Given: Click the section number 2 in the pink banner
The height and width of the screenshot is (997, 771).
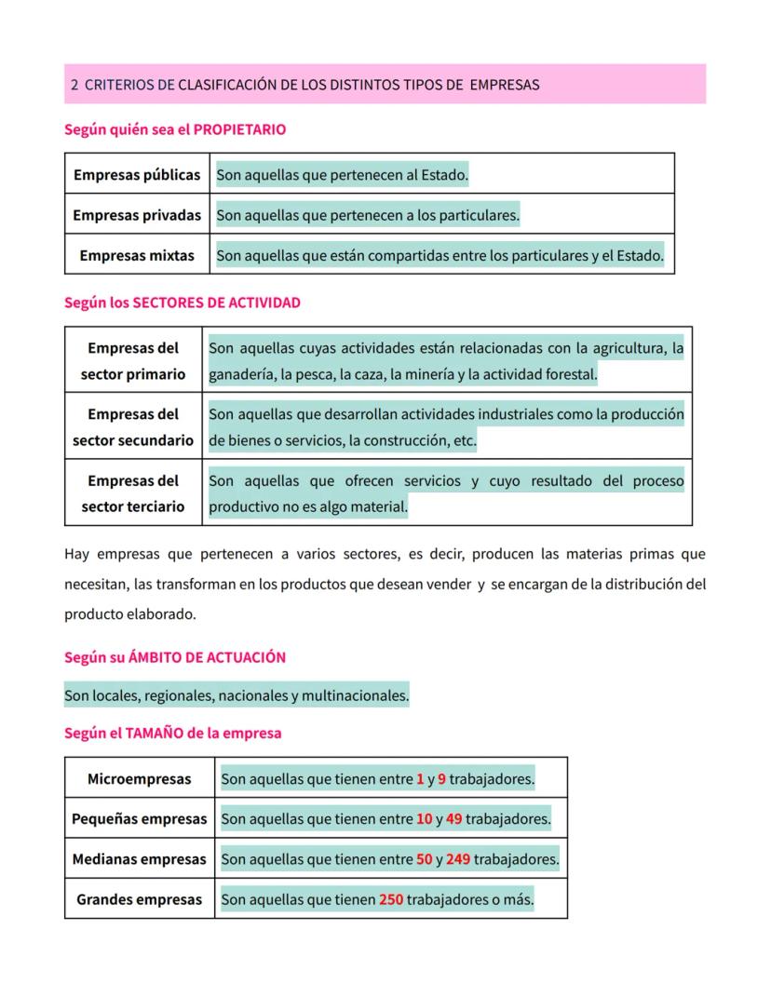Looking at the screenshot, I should click(x=74, y=85).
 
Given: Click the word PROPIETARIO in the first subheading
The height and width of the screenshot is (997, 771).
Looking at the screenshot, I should click(x=239, y=129).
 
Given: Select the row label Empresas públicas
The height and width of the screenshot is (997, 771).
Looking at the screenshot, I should click(x=137, y=174).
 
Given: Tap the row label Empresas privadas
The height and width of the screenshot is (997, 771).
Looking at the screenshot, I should click(x=137, y=215).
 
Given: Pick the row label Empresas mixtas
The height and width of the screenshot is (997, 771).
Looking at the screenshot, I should click(x=137, y=255).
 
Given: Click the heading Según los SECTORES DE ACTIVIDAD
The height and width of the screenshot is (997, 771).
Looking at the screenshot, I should click(x=183, y=303).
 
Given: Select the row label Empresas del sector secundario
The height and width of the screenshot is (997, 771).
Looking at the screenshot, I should click(x=133, y=426).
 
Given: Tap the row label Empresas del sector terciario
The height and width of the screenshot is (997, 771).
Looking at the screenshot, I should click(x=133, y=493).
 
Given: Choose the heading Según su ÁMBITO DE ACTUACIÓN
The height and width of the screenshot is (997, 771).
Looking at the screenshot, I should click(x=175, y=657).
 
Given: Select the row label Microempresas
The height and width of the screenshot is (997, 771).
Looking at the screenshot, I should click(x=139, y=778).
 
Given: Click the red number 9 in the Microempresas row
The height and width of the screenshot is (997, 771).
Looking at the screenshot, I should click(x=441, y=778).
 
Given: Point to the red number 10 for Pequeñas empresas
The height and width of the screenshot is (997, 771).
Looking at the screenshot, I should click(x=424, y=819).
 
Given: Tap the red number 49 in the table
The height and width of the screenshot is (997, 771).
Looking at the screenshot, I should click(x=453, y=819).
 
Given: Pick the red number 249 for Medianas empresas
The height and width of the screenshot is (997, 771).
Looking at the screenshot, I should click(x=457, y=859).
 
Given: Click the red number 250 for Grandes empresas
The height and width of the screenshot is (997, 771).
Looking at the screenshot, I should click(x=391, y=900).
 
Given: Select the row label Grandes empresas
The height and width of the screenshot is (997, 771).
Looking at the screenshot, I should click(x=139, y=900).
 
